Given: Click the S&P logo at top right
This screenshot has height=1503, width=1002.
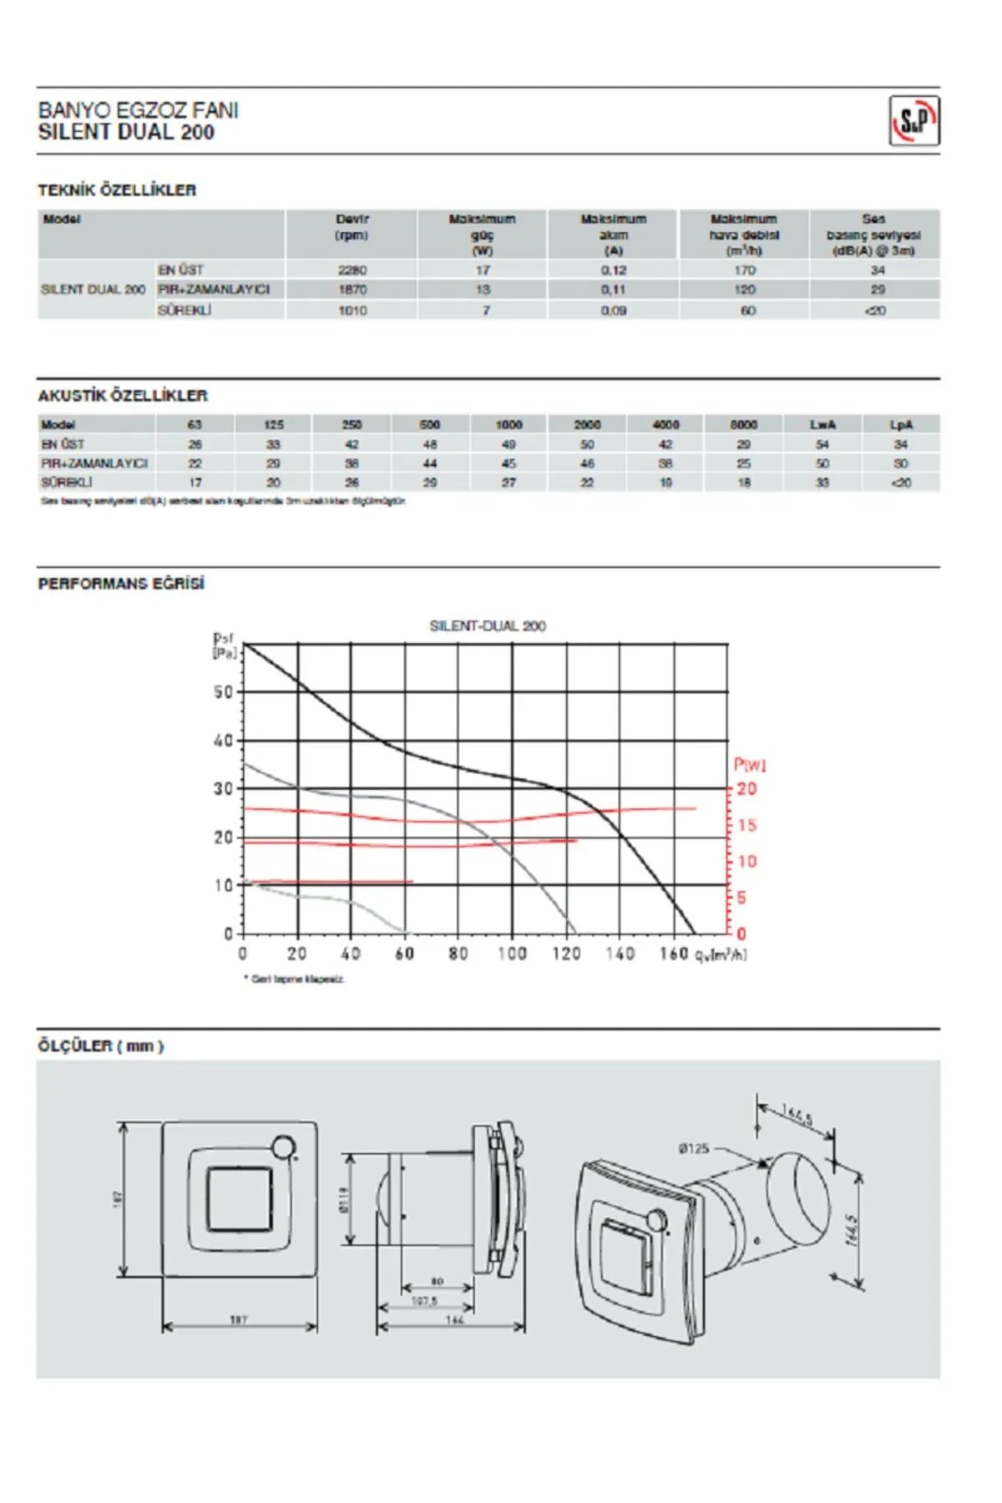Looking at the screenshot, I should tap(914, 121).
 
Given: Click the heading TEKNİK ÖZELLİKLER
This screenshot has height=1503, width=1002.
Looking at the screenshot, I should tap(117, 190).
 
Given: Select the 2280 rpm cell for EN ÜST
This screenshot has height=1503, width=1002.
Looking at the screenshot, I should tap(352, 271).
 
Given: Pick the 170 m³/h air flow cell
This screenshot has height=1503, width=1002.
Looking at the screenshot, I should tap(744, 271).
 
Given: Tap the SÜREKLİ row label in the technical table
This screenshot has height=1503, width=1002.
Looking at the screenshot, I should tap(185, 310).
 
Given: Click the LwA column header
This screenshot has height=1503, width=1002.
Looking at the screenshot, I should tap(822, 424).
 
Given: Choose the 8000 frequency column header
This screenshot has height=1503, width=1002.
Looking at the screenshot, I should tap(743, 424).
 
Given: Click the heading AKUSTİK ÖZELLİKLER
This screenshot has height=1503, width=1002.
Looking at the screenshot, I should tap(123, 396).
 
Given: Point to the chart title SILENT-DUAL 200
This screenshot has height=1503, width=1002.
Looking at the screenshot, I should tap(488, 625).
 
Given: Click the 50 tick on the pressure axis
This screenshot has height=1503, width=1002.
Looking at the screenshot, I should tap(223, 692).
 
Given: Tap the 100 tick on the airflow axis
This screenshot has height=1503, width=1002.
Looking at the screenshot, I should tap(512, 954).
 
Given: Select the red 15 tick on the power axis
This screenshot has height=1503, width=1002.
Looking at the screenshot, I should tap(746, 825).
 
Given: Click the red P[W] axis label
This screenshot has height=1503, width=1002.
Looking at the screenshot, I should tap(749, 764).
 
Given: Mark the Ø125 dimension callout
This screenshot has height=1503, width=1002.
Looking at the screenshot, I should tap(694, 1149).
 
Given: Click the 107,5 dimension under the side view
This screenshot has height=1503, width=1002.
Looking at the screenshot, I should tap(424, 1301).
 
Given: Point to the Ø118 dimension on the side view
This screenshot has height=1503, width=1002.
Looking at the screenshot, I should tap(346, 1200).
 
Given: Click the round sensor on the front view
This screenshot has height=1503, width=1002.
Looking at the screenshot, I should tap(284, 1147).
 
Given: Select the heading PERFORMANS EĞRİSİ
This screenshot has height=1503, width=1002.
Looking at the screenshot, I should tap(121, 584).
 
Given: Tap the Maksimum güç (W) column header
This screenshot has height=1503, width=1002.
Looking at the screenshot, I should tap(482, 234).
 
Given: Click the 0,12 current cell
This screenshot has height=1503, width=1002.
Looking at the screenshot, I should tap(614, 271).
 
